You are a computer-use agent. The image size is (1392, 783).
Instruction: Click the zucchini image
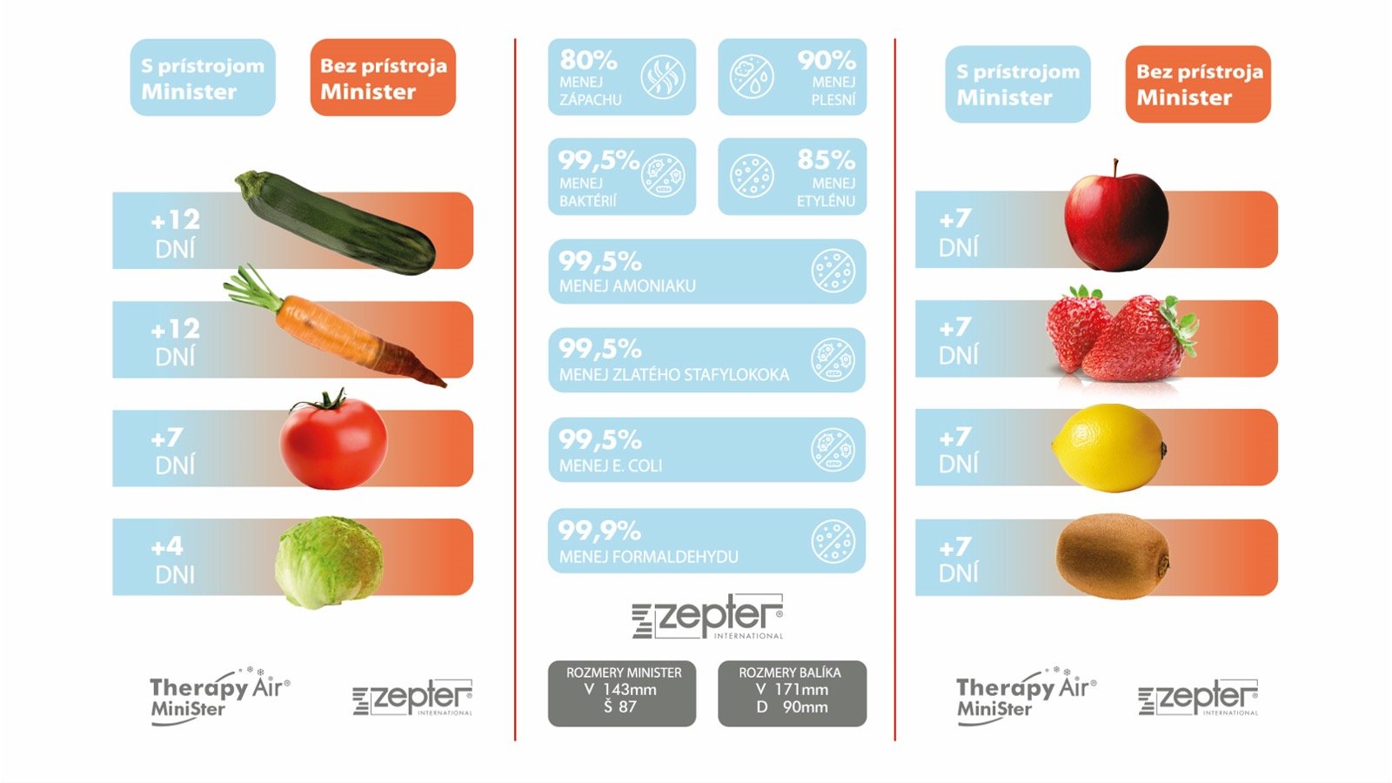336,223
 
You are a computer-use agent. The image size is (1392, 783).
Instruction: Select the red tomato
333,440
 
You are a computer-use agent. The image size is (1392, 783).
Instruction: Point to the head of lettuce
330,562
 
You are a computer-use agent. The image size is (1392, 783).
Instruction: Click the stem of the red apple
1116,168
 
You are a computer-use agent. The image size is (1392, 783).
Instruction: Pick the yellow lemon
1109,448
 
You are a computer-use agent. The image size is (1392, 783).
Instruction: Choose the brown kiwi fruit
1113,556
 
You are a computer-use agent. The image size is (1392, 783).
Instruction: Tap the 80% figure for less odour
588,60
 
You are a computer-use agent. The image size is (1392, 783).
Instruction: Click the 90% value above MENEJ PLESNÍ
826,60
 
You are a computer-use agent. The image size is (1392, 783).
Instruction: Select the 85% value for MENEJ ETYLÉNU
826,160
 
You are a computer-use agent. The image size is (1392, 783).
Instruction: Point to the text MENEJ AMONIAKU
627,286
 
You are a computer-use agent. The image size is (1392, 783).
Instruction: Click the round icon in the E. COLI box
833,449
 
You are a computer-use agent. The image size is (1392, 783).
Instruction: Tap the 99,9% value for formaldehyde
599,531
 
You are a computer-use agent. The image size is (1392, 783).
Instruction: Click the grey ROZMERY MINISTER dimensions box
622,693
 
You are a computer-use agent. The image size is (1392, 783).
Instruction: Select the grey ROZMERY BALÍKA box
793,693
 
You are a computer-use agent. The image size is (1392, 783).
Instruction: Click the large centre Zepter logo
708,617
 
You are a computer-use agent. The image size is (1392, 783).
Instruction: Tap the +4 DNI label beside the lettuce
173,560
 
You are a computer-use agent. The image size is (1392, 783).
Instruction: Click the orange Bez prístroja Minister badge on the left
383,77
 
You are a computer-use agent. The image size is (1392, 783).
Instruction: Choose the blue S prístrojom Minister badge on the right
1018,84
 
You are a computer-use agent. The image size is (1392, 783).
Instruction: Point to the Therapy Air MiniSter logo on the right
1026,695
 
